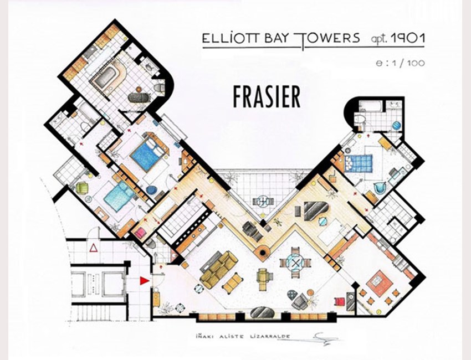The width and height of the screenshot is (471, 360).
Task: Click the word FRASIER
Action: [267, 97]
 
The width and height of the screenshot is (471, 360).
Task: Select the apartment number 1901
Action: [408, 38]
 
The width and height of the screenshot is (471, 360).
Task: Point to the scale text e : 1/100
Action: [400, 63]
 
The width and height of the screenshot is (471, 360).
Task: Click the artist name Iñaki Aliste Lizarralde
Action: [241, 336]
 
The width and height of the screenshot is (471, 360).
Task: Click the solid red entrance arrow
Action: [145, 281]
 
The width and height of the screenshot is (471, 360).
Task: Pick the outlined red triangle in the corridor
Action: [94, 248]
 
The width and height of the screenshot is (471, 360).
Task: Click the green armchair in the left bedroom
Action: [83, 188]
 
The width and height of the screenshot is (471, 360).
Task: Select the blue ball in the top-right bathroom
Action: [397, 125]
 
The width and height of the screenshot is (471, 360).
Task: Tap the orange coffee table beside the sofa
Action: [232, 283]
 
